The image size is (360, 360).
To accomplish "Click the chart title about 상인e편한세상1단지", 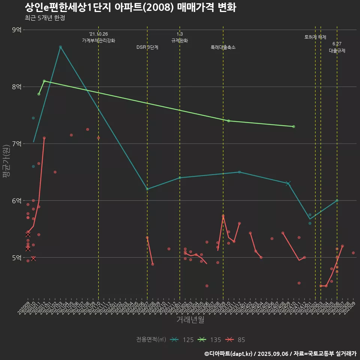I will click(x=130, y=7).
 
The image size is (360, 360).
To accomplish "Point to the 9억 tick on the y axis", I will click(x=16, y=30).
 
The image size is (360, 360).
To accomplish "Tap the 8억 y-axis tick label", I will click(x=16, y=87).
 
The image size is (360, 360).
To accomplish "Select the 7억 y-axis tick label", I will click(x=16, y=144).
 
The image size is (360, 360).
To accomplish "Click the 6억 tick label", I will click(x=16, y=201).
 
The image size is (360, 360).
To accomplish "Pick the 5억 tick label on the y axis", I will click(x=16, y=258).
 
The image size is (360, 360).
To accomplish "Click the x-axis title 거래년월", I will click(x=190, y=320).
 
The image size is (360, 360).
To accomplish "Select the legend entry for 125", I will click(x=182, y=340).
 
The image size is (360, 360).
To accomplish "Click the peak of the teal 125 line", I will click(x=60, y=47).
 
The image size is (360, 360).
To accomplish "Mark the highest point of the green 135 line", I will click(x=44, y=81).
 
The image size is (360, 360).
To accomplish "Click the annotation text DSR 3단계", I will click(x=147, y=48).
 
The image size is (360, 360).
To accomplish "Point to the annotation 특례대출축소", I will click(x=223, y=48).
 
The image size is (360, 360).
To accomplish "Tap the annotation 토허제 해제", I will click(x=315, y=37).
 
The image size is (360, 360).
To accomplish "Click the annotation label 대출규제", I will click(x=337, y=51).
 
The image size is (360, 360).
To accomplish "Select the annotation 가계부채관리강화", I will click(x=99, y=40).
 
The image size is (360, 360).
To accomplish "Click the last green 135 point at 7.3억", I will click(x=294, y=126).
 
